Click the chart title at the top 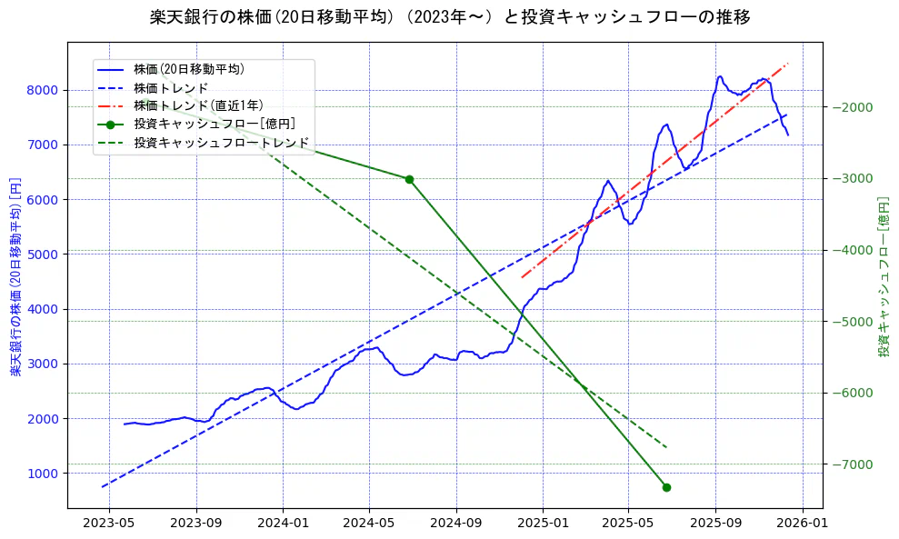point(449,16)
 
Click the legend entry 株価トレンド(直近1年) point(198,105)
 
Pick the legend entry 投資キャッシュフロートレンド point(222,143)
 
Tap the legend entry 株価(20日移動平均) point(189,68)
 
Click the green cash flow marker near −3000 point(409,179)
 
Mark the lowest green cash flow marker point(666,487)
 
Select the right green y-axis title point(884,276)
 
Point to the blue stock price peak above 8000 point(720,76)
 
